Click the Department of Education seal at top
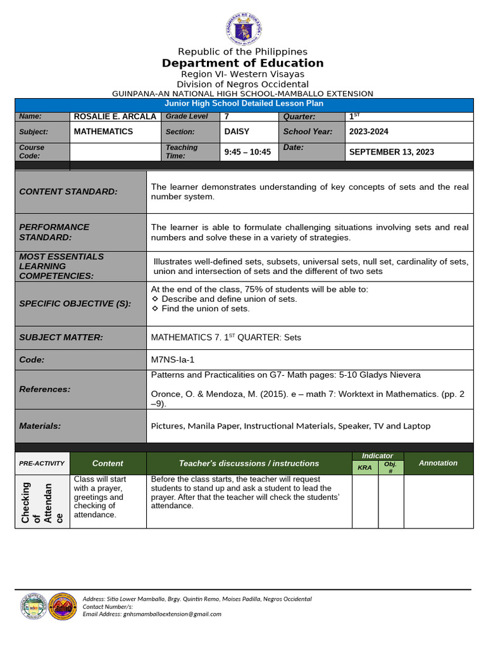243,28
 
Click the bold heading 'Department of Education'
243,63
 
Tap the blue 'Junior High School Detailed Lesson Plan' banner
244,104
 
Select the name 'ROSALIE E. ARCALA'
115,116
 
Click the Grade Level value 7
227,116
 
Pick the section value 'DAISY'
237,132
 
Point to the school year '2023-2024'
369,132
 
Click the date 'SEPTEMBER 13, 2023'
392,152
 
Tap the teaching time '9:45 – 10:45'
247,152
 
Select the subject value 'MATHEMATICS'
103,132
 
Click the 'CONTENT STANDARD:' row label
68,192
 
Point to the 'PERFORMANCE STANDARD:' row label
54,232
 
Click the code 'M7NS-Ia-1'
173,359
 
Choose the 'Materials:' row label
40,426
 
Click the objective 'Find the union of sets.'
205,309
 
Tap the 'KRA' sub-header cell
364,468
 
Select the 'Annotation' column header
438,463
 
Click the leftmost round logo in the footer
33,606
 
